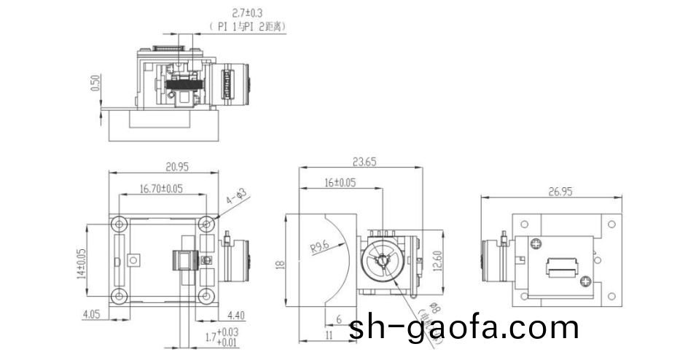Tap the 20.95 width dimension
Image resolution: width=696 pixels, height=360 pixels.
[x=164, y=167]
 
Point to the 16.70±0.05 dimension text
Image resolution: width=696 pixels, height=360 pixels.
[x=161, y=189]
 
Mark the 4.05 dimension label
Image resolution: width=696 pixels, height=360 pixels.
[x=91, y=316]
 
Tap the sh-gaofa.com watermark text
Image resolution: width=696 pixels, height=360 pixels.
[x=464, y=328]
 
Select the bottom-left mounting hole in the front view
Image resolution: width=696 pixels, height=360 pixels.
[x=118, y=295]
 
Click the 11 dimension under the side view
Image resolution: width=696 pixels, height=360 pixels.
[x=329, y=334]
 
